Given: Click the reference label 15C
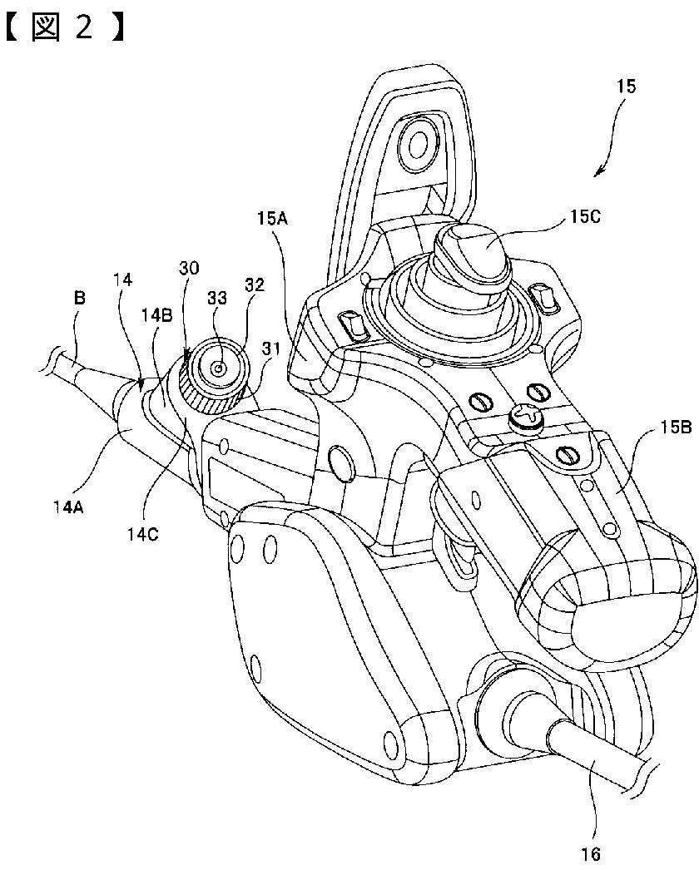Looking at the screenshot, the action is tap(585, 215).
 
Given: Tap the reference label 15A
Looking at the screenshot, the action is tap(273, 218).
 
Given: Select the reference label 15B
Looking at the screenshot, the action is tap(675, 428).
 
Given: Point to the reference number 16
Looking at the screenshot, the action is tap(592, 854).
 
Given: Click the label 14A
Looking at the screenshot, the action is tap(69, 506).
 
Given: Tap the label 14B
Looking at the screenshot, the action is tap(157, 316).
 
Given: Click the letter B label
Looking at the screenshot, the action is tap(80, 298).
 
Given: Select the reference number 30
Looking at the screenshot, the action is tap(189, 269).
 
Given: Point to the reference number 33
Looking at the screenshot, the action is tap(217, 298).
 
